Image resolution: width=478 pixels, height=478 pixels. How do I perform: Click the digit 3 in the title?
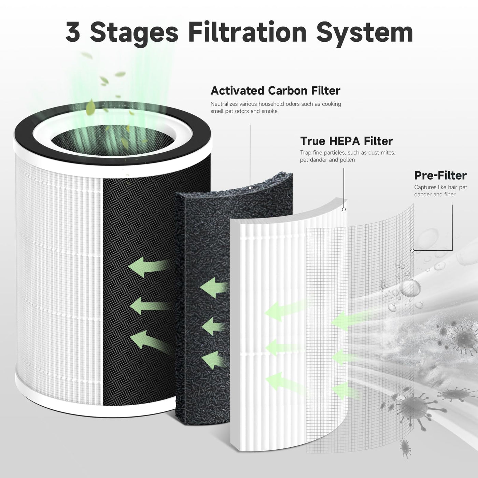click(73, 32)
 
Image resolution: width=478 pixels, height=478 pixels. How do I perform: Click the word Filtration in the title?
click(248, 32)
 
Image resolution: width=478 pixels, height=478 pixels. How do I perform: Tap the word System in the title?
click(365, 33)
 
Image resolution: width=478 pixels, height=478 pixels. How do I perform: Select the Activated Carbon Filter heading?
click(275, 91)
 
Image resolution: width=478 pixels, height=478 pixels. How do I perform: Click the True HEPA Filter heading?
click(347, 141)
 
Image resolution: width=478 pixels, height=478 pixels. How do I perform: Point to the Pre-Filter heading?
click(440, 175)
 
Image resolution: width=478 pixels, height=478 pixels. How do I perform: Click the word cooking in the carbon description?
click(332, 104)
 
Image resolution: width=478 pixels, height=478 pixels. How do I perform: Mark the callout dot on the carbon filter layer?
click(250, 188)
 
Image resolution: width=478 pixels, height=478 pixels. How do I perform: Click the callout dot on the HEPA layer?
click(344, 209)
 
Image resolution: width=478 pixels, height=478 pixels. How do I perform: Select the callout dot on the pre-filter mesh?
click(412, 251)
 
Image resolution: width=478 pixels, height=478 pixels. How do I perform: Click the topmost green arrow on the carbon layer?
click(214, 288)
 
